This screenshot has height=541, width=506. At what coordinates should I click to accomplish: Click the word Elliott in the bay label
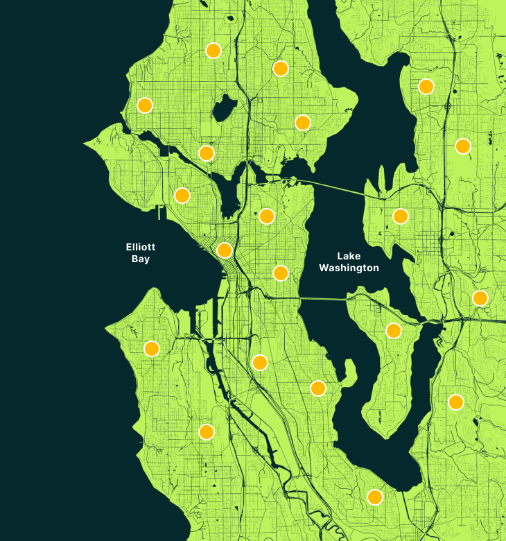[x=140, y=247]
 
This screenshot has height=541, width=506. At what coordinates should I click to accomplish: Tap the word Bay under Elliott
[x=140, y=259]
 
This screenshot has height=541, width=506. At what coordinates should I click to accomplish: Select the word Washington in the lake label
[x=349, y=268]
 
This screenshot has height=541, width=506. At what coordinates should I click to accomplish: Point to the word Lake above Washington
[x=349, y=256]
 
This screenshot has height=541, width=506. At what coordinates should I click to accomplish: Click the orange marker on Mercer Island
[x=394, y=331]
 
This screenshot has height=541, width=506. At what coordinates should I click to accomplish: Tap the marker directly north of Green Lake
[x=213, y=51]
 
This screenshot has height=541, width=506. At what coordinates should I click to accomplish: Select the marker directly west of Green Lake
[x=145, y=105]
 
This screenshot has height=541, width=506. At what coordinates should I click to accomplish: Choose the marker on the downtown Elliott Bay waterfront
[x=225, y=250]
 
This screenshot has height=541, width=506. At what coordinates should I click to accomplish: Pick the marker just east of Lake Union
[x=267, y=216]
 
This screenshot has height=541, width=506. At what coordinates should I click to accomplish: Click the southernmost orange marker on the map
[x=375, y=497]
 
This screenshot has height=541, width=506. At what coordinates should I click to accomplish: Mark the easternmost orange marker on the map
[x=480, y=298]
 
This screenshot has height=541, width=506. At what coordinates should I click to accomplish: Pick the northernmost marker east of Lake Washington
[x=426, y=87]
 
